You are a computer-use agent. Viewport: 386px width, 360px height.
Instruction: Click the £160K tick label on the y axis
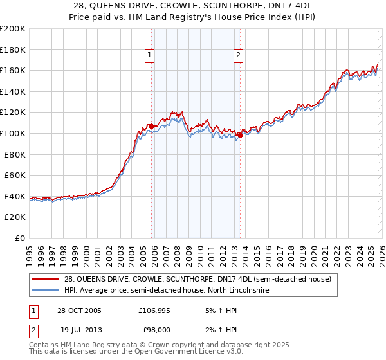click(13, 70)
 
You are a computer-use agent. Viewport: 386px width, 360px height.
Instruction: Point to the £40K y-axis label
click(15, 196)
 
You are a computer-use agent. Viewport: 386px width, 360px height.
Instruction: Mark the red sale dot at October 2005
click(151, 126)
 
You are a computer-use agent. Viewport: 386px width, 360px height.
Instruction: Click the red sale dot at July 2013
click(239, 135)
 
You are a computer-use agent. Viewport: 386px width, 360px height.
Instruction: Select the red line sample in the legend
click(46, 279)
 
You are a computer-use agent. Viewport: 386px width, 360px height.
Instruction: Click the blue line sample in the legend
click(46, 290)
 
